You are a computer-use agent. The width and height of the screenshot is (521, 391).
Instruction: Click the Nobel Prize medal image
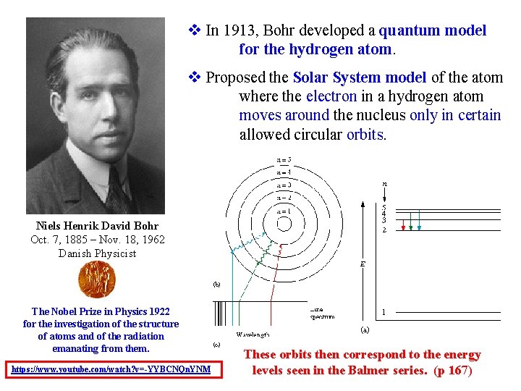(98, 279)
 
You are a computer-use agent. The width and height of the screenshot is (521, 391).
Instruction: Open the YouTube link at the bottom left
(111, 369)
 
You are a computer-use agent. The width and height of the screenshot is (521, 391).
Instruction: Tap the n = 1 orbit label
(284, 210)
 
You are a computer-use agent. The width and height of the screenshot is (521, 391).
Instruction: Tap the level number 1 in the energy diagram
(384, 314)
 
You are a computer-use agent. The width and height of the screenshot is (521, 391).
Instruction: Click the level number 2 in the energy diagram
(384, 230)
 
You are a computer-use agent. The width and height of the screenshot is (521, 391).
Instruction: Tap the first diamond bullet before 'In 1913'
(193, 30)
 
